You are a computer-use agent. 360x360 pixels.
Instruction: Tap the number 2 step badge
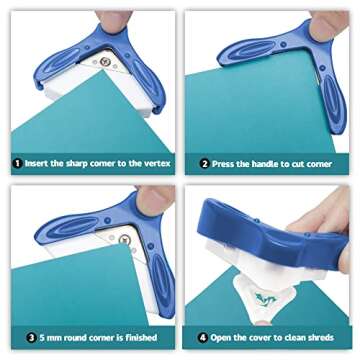click(203, 163)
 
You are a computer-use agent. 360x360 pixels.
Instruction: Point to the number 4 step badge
click(203, 338)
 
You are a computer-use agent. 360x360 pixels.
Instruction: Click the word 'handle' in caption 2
click(265, 163)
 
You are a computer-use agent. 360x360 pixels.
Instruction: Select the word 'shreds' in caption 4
click(329, 338)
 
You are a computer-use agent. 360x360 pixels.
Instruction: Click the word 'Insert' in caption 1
click(43, 163)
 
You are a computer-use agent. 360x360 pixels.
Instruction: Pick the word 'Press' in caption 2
click(228, 163)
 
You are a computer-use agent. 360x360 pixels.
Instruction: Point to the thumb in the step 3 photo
click(150, 200)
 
